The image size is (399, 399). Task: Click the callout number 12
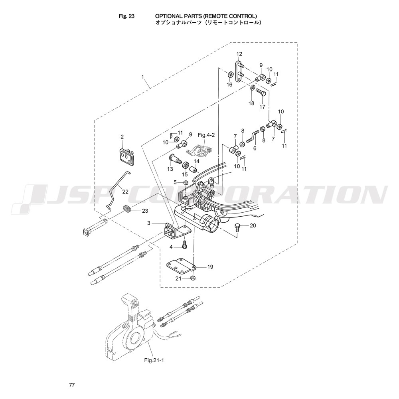(239, 54)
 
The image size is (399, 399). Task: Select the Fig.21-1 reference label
(154, 360)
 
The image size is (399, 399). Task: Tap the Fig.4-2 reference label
(206, 135)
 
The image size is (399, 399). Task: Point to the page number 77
(72, 385)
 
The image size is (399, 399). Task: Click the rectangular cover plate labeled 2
(127, 158)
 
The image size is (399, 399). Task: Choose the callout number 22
(125, 192)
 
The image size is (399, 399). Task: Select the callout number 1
(143, 77)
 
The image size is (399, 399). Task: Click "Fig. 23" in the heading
(126, 16)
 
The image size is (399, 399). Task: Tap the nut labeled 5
(186, 182)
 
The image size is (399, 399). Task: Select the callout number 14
(196, 161)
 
